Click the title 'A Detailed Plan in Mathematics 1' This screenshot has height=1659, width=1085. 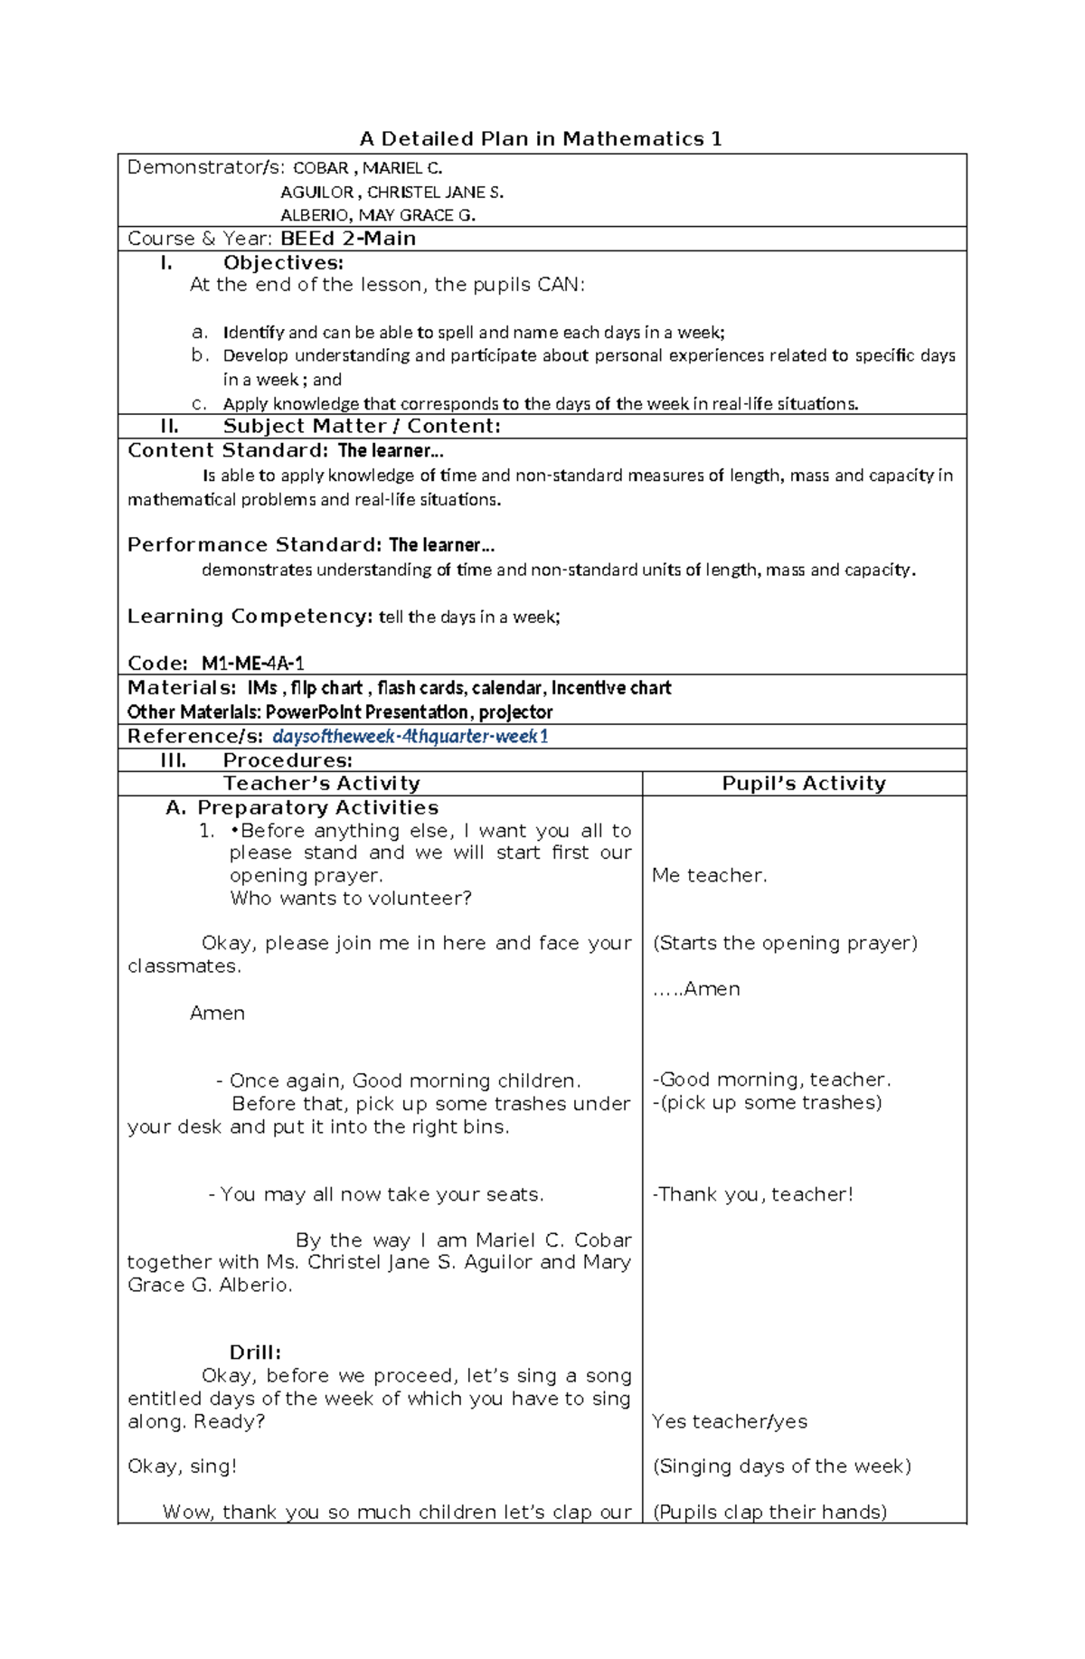[541, 139]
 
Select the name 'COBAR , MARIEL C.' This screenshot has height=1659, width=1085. [367, 168]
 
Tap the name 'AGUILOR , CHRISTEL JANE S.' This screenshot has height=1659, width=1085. [392, 192]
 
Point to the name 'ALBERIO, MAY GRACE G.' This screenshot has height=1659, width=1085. [378, 215]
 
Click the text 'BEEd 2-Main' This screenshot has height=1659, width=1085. [348, 239]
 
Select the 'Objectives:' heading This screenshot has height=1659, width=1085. [283, 263]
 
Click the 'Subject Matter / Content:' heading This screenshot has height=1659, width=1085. [362, 427]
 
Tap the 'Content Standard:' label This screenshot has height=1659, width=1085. [228, 450]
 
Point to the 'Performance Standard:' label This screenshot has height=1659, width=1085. [254, 545]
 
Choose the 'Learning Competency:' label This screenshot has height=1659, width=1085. [250, 617]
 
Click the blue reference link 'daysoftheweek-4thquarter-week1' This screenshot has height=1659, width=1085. [410, 736]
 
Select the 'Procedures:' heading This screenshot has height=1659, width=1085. [288, 760]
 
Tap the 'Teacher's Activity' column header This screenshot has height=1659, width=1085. [322, 784]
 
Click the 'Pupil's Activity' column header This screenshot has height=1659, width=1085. [804, 784]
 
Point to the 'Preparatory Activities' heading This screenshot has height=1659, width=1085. [317, 807]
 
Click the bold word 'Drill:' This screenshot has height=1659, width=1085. [255, 1353]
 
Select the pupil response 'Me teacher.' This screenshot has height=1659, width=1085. [709, 875]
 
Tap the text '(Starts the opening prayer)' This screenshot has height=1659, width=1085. [785, 943]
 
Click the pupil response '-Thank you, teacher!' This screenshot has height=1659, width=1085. [752, 1194]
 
